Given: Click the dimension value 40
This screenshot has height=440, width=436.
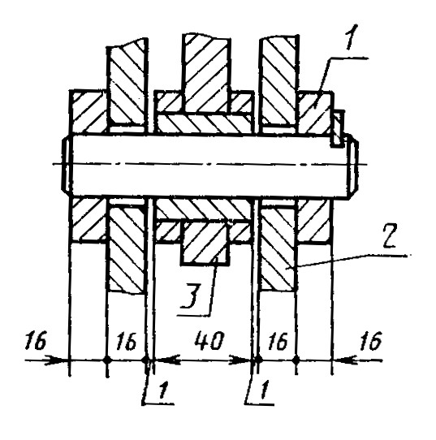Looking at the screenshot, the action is click(209, 340).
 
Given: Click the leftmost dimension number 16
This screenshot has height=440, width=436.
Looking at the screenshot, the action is click(35, 340).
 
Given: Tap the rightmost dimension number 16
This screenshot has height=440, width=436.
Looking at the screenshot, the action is click(371, 341).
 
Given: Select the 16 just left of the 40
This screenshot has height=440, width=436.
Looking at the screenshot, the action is click(127, 342).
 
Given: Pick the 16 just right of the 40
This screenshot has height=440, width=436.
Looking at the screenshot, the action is click(278, 341).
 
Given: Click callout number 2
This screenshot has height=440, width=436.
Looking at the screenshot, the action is click(390, 237).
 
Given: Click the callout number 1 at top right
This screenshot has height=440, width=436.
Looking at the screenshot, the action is click(350, 37).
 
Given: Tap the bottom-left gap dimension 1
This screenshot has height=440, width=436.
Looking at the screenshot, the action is click(162, 390).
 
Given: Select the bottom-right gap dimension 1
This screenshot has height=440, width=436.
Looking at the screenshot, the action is click(264, 390).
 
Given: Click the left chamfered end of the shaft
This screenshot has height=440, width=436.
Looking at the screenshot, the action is click(66, 165).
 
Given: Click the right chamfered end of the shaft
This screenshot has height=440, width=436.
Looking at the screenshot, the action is click(354, 166).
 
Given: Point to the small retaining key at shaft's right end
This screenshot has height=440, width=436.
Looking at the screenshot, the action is click(338, 128).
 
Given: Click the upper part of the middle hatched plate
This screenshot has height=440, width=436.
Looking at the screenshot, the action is click(206, 73).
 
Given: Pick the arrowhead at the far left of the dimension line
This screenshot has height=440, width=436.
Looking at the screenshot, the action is click(56, 360).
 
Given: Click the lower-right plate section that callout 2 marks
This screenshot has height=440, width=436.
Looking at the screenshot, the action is click(278, 248).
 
